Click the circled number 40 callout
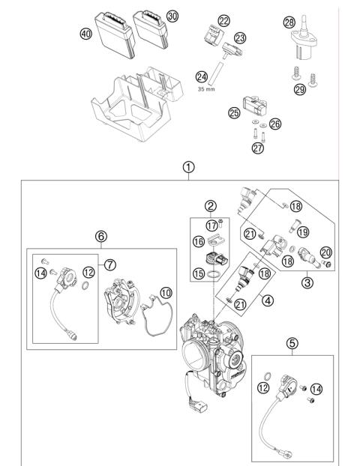[86, 34]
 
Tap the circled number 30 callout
[172, 16]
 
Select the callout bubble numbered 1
[189, 167]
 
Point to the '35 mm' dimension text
[206, 89]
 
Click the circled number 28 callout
[289, 22]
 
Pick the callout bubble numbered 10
[166, 293]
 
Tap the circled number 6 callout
[101, 236]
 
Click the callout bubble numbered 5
[292, 343]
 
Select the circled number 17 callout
[211, 226]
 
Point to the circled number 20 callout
[326, 252]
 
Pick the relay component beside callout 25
[255, 107]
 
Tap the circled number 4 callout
[268, 300]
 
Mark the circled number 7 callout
[109, 264]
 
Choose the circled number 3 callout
[307, 282]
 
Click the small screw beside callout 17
[220, 223]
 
